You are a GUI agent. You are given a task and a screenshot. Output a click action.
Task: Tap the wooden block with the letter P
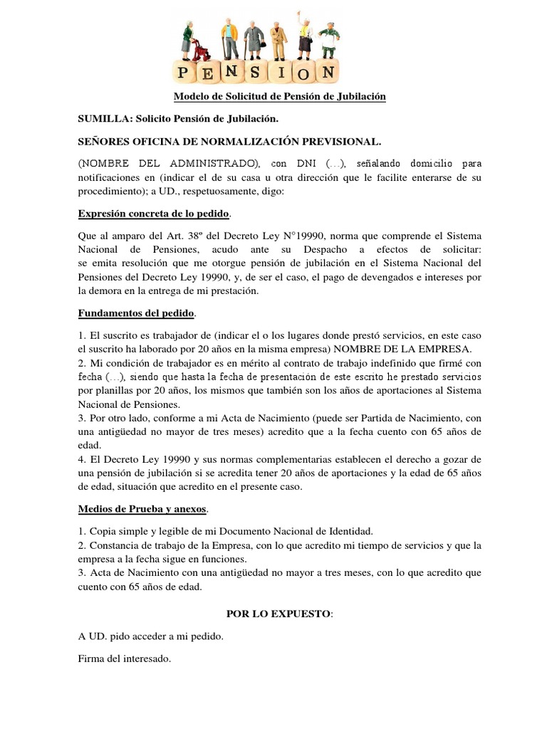pos(185,73)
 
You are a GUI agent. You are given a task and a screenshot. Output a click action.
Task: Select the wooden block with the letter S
pos(255,72)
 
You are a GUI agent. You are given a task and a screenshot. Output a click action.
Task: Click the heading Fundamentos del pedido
pos(135,313)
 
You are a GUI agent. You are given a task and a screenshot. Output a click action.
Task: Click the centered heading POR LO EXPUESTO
pos(278,613)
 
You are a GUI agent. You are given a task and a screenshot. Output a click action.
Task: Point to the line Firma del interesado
pos(125,659)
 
